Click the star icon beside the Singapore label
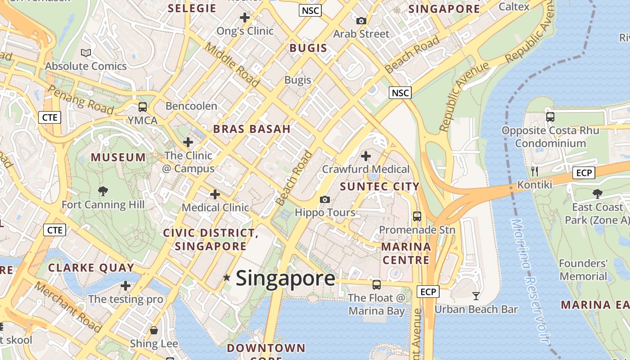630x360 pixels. pos(227,278)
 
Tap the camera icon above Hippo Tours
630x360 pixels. pos(324,199)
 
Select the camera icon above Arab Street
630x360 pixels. pos(361,21)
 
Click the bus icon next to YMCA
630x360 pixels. pos(143,107)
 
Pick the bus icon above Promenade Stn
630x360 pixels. pos(417,216)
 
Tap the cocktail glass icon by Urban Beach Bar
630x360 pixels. pos(476,296)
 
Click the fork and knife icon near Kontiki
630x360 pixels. pos(535,171)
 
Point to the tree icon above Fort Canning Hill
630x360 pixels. pos(103,191)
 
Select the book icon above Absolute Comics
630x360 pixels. pos(86,53)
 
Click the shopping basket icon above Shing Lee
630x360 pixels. pos(154,331)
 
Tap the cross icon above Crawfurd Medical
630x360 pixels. pos(366,156)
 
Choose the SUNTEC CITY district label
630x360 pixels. pos(380,186)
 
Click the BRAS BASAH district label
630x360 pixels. pos(252,129)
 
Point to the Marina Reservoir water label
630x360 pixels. pos(530,281)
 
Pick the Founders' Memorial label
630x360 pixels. pos(583,270)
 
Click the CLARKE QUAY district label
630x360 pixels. pos(91,268)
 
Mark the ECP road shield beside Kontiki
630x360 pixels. pos(584,172)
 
